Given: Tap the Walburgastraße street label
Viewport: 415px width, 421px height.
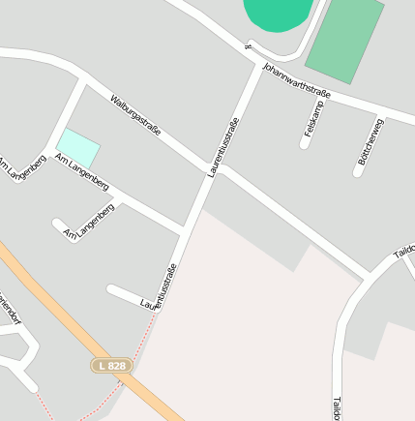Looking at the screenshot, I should coord(134,114).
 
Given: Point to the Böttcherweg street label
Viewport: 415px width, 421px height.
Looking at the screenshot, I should coord(371,141).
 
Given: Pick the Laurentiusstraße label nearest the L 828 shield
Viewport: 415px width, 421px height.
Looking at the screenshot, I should coord(160,287).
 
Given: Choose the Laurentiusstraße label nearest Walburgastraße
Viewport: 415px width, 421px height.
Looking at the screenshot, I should coord(222,147).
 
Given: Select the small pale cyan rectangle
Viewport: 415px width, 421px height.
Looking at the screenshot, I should coord(78,147).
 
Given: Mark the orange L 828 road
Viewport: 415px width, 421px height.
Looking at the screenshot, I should coord(58,310).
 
